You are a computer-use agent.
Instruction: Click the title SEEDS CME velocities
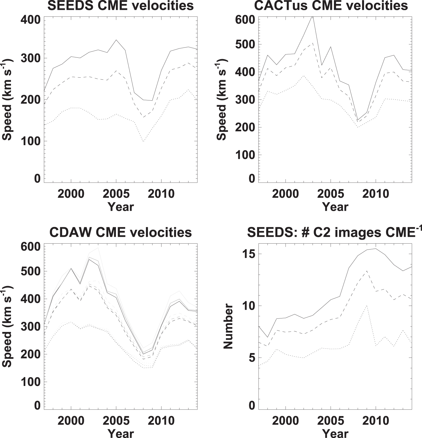coord(120,6)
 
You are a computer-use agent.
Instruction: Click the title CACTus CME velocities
coord(331,6)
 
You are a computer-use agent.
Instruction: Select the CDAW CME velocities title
coord(120,233)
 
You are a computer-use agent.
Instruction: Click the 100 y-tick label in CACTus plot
coord(245,155)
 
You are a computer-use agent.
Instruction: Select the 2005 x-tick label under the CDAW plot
coord(116,421)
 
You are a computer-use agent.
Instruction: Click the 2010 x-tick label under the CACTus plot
coord(376,194)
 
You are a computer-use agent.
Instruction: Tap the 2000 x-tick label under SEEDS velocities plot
coord(71,194)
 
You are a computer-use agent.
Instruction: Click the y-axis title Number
coord(228,326)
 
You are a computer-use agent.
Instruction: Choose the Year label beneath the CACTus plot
coord(335,207)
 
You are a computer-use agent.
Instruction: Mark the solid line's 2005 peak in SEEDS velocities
coord(116,40)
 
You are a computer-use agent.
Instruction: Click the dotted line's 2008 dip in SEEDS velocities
coord(143,141)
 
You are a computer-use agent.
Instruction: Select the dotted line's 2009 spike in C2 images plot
coord(367,305)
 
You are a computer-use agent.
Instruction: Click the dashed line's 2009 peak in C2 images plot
coord(367,271)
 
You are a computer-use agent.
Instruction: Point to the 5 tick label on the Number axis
coord(251,358)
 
